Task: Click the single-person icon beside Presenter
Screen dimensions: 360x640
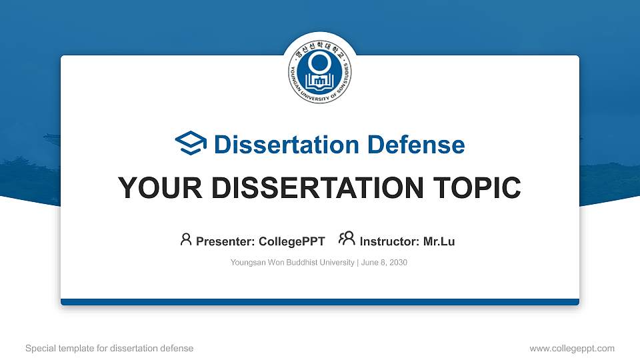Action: click(186, 239)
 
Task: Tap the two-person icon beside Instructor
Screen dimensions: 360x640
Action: click(347, 239)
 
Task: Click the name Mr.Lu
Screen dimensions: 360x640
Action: click(439, 241)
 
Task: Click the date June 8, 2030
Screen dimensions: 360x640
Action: click(385, 263)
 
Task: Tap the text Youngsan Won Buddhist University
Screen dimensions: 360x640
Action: click(293, 263)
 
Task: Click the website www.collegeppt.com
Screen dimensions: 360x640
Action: click(572, 349)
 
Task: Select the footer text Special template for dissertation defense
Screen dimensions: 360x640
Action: click(109, 349)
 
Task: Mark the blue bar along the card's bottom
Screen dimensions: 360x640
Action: click(320, 302)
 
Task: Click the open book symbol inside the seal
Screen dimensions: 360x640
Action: click(320, 81)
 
